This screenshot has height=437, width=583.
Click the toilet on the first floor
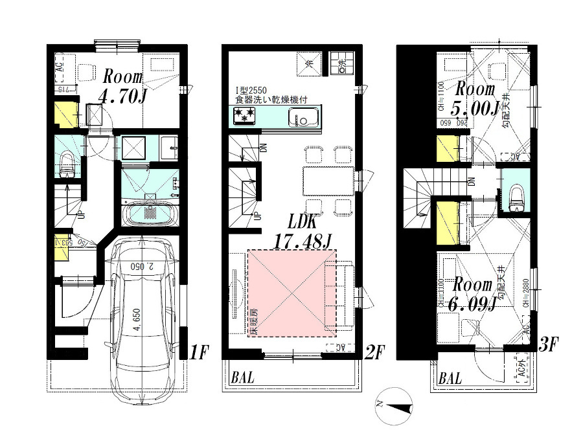point(67,163)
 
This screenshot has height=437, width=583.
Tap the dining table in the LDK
point(328,181)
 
